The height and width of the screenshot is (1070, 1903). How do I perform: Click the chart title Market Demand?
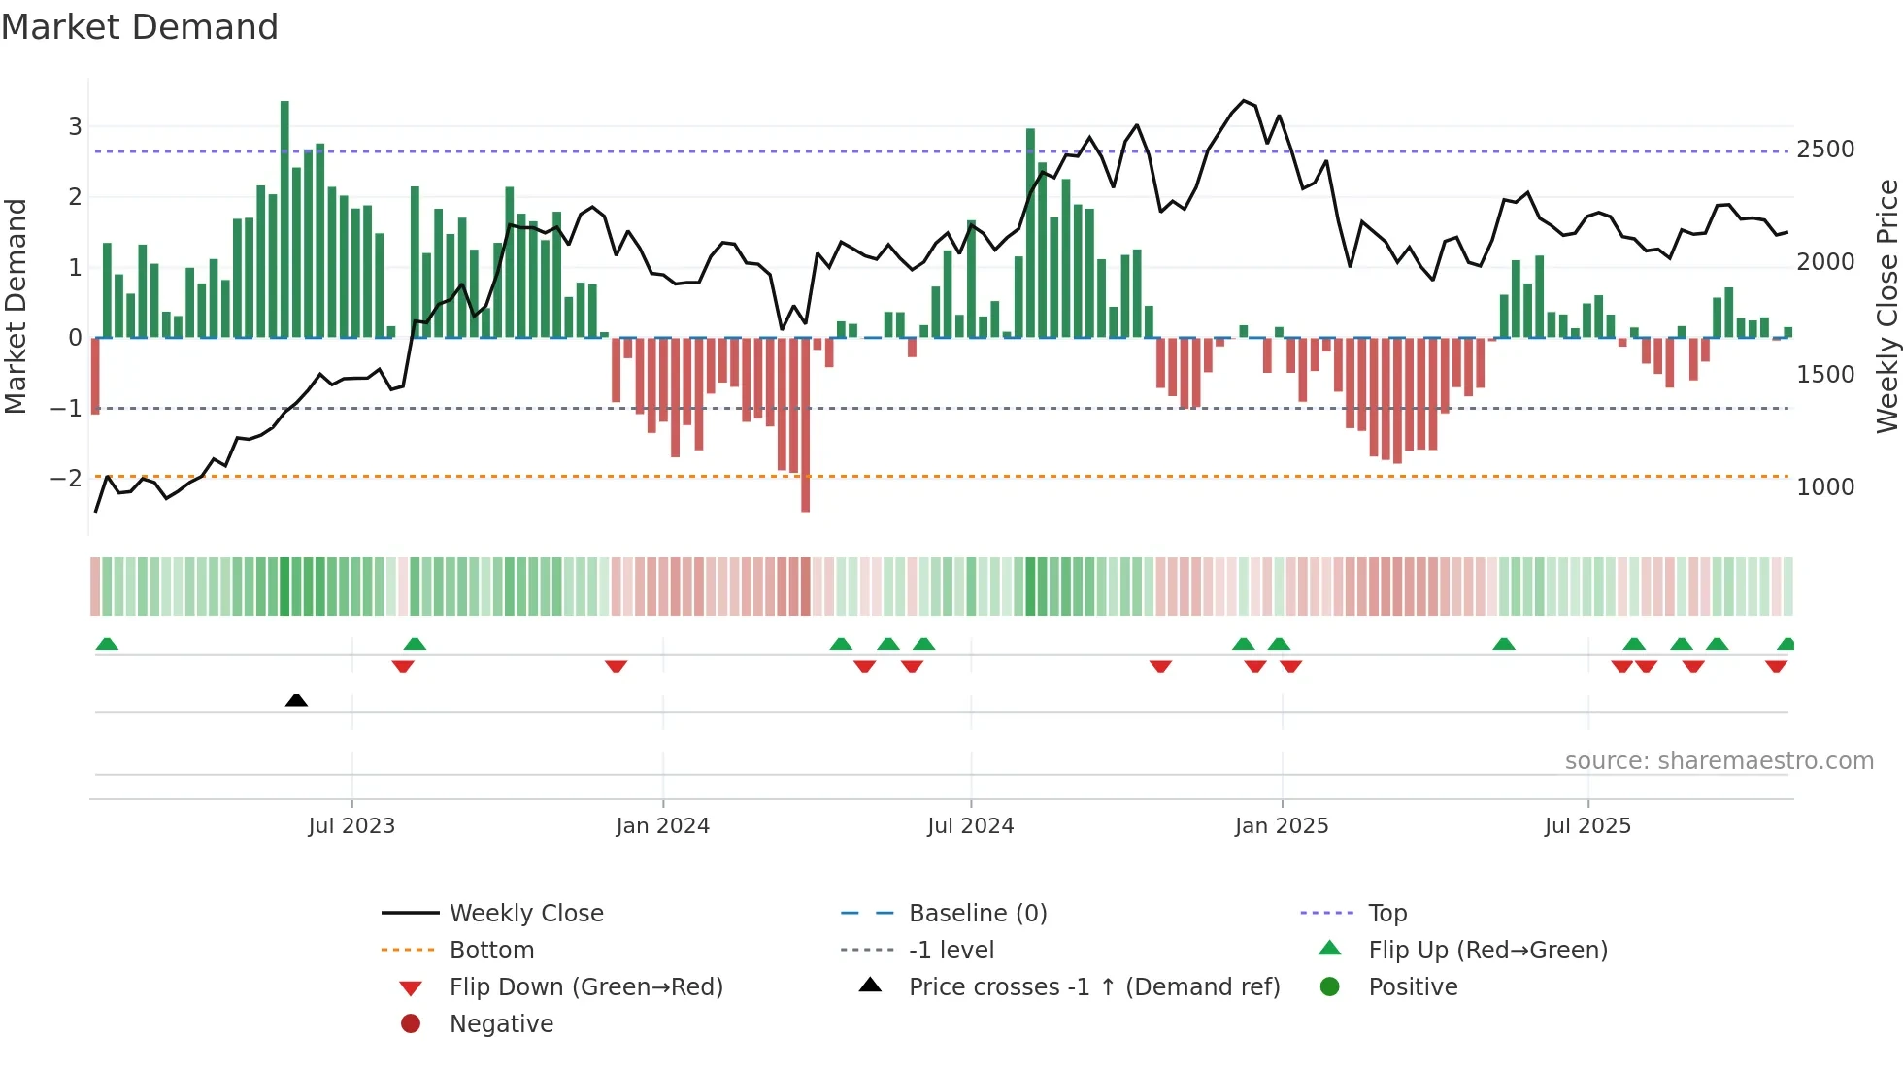click(140, 27)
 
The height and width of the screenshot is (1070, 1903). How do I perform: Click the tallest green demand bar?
click(284, 218)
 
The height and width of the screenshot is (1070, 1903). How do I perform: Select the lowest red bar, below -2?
click(806, 424)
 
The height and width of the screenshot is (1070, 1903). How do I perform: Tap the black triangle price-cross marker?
click(296, 700)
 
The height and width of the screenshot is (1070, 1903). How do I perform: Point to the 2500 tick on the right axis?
click(1825, 150)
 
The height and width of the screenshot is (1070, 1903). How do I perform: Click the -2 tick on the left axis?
click(66, 479)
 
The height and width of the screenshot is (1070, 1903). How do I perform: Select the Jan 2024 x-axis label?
click(662, 826)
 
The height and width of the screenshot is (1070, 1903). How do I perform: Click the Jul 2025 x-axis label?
click(1587, 826)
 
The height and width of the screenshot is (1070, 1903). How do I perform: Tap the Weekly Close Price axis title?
click(1886, 306)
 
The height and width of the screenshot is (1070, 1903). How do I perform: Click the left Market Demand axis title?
click(16, 306)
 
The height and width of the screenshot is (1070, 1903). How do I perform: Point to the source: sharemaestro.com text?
click(1719, 761)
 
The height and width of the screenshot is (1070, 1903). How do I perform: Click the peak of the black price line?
click(1244, 101)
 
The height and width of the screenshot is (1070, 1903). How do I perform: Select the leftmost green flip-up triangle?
click(107, 644)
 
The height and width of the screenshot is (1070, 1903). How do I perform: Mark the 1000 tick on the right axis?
click(1825, 487)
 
